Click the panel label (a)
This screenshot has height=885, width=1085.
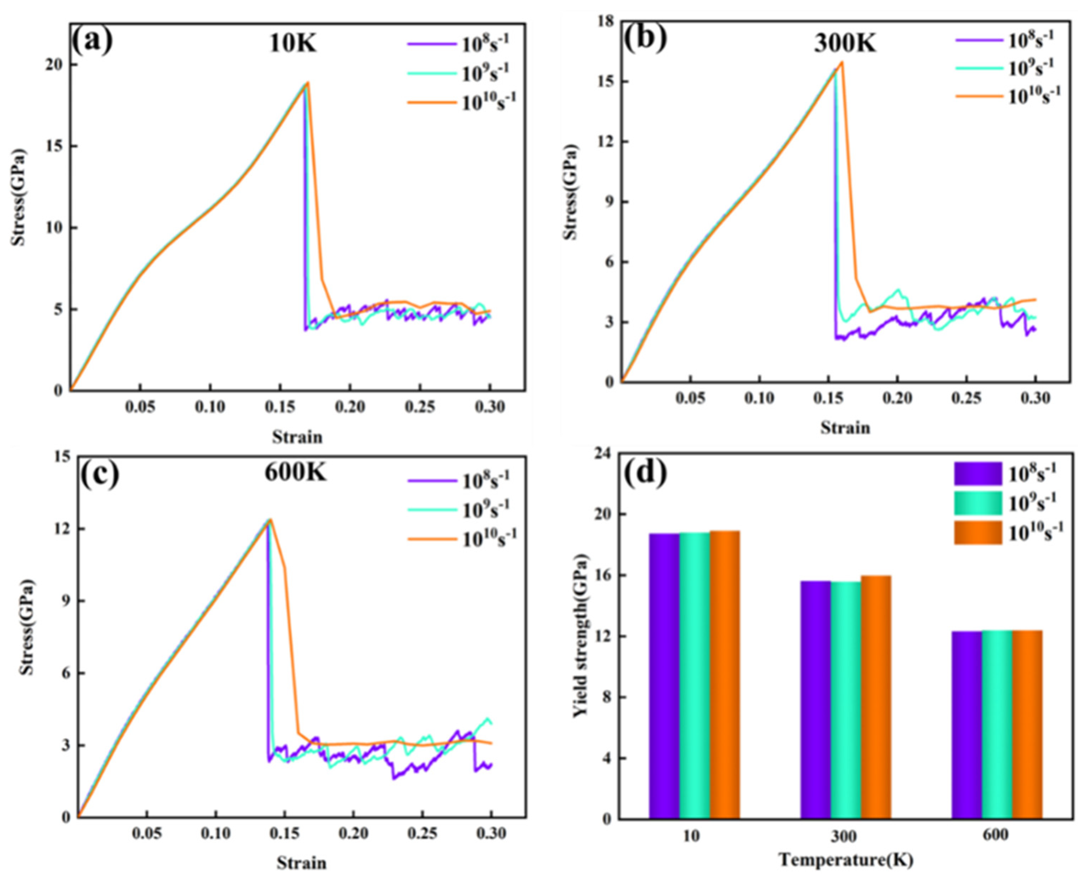(x=92, y=42)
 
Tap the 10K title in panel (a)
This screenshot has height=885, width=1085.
(x=293, y=44)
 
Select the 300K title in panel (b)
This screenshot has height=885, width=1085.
(x=845, y=44)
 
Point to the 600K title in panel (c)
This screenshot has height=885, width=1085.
(x=295, y=473)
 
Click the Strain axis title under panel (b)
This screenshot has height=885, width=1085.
(x=845, y=427)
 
